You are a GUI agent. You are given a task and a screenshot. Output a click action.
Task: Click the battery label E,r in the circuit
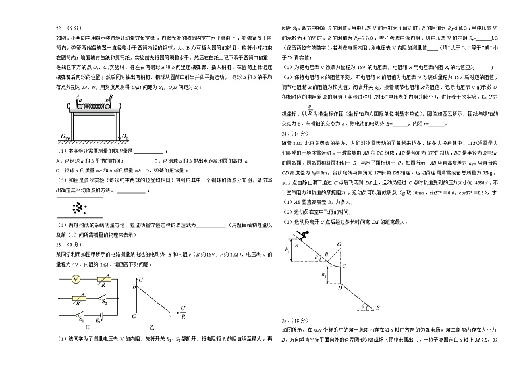[x=99, y=320]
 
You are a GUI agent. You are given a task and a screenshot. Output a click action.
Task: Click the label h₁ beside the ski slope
[x=288, y=250]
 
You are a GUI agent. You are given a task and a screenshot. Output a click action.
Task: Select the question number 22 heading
[x=61, y=28]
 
